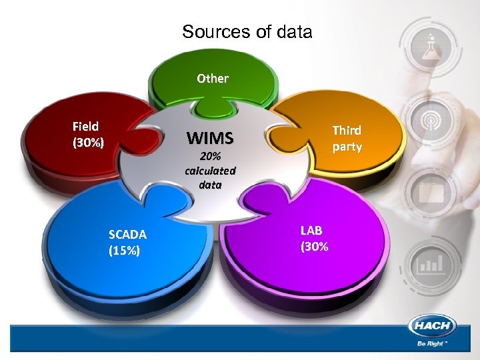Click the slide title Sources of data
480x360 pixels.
coord(247,31)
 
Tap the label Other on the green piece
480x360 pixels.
coord(213,78)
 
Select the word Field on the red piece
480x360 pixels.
coord(85,126)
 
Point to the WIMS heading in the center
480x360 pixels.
coord(210,139)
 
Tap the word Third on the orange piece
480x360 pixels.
coord(347,131)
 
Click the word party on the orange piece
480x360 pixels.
coord(347,147)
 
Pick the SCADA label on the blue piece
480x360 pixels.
coord(127,234)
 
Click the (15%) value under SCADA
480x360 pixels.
coord(124,251)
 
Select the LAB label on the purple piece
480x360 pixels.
coord(311,231)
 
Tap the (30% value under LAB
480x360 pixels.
coord(314,247)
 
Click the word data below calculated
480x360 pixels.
coord(210,185)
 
